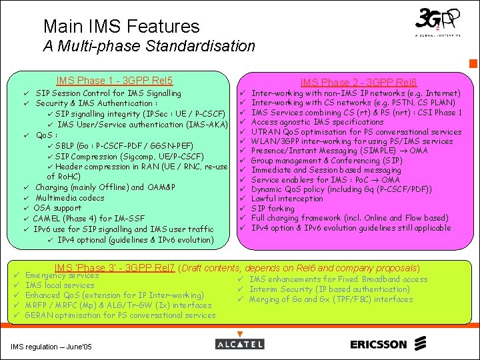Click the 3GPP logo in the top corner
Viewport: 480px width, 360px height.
[x=437, y=23]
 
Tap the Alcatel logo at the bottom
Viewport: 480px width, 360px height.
[x=239, y=344]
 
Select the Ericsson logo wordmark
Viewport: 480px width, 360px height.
[x=378, y=345]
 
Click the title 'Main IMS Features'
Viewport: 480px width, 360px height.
[x=121, y=27]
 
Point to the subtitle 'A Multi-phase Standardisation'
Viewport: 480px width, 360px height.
[x=149, y=46]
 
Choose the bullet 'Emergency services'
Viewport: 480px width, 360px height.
[x=62, y=275]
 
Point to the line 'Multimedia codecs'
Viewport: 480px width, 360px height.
[x=70, y=198]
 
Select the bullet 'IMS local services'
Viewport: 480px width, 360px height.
[x=59, y=285]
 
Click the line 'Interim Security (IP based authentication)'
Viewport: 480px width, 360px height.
[x=329, y=289]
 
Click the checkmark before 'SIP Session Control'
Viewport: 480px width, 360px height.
[x=25, y=93]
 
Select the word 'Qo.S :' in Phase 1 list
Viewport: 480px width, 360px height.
[x=47, y=135]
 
